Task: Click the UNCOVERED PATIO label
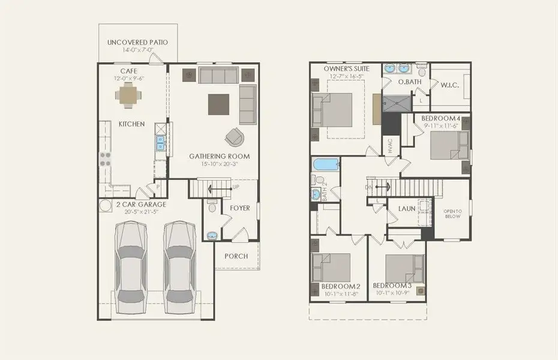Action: coord(137,43)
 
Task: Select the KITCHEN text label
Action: coord(131,124)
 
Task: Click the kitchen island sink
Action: coord(160,143)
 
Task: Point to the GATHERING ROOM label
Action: coord(220,157)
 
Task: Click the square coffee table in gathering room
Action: coord(218,104)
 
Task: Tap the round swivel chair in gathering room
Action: coord(235,137)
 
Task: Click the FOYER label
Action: coord(239,208)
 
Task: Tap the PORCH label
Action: coord(236,256)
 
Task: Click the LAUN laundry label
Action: coord(407,209)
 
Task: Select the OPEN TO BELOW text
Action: coord(452,214)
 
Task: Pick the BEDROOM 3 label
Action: coord(391,286)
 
